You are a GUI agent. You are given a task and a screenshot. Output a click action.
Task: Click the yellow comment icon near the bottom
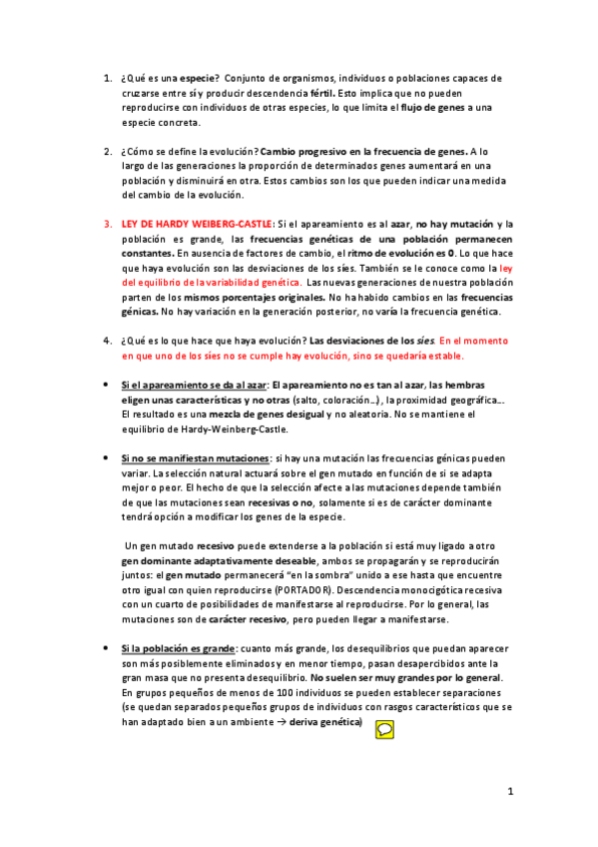pos(384,703)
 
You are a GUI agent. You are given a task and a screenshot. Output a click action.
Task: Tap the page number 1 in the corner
pos(509,792)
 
